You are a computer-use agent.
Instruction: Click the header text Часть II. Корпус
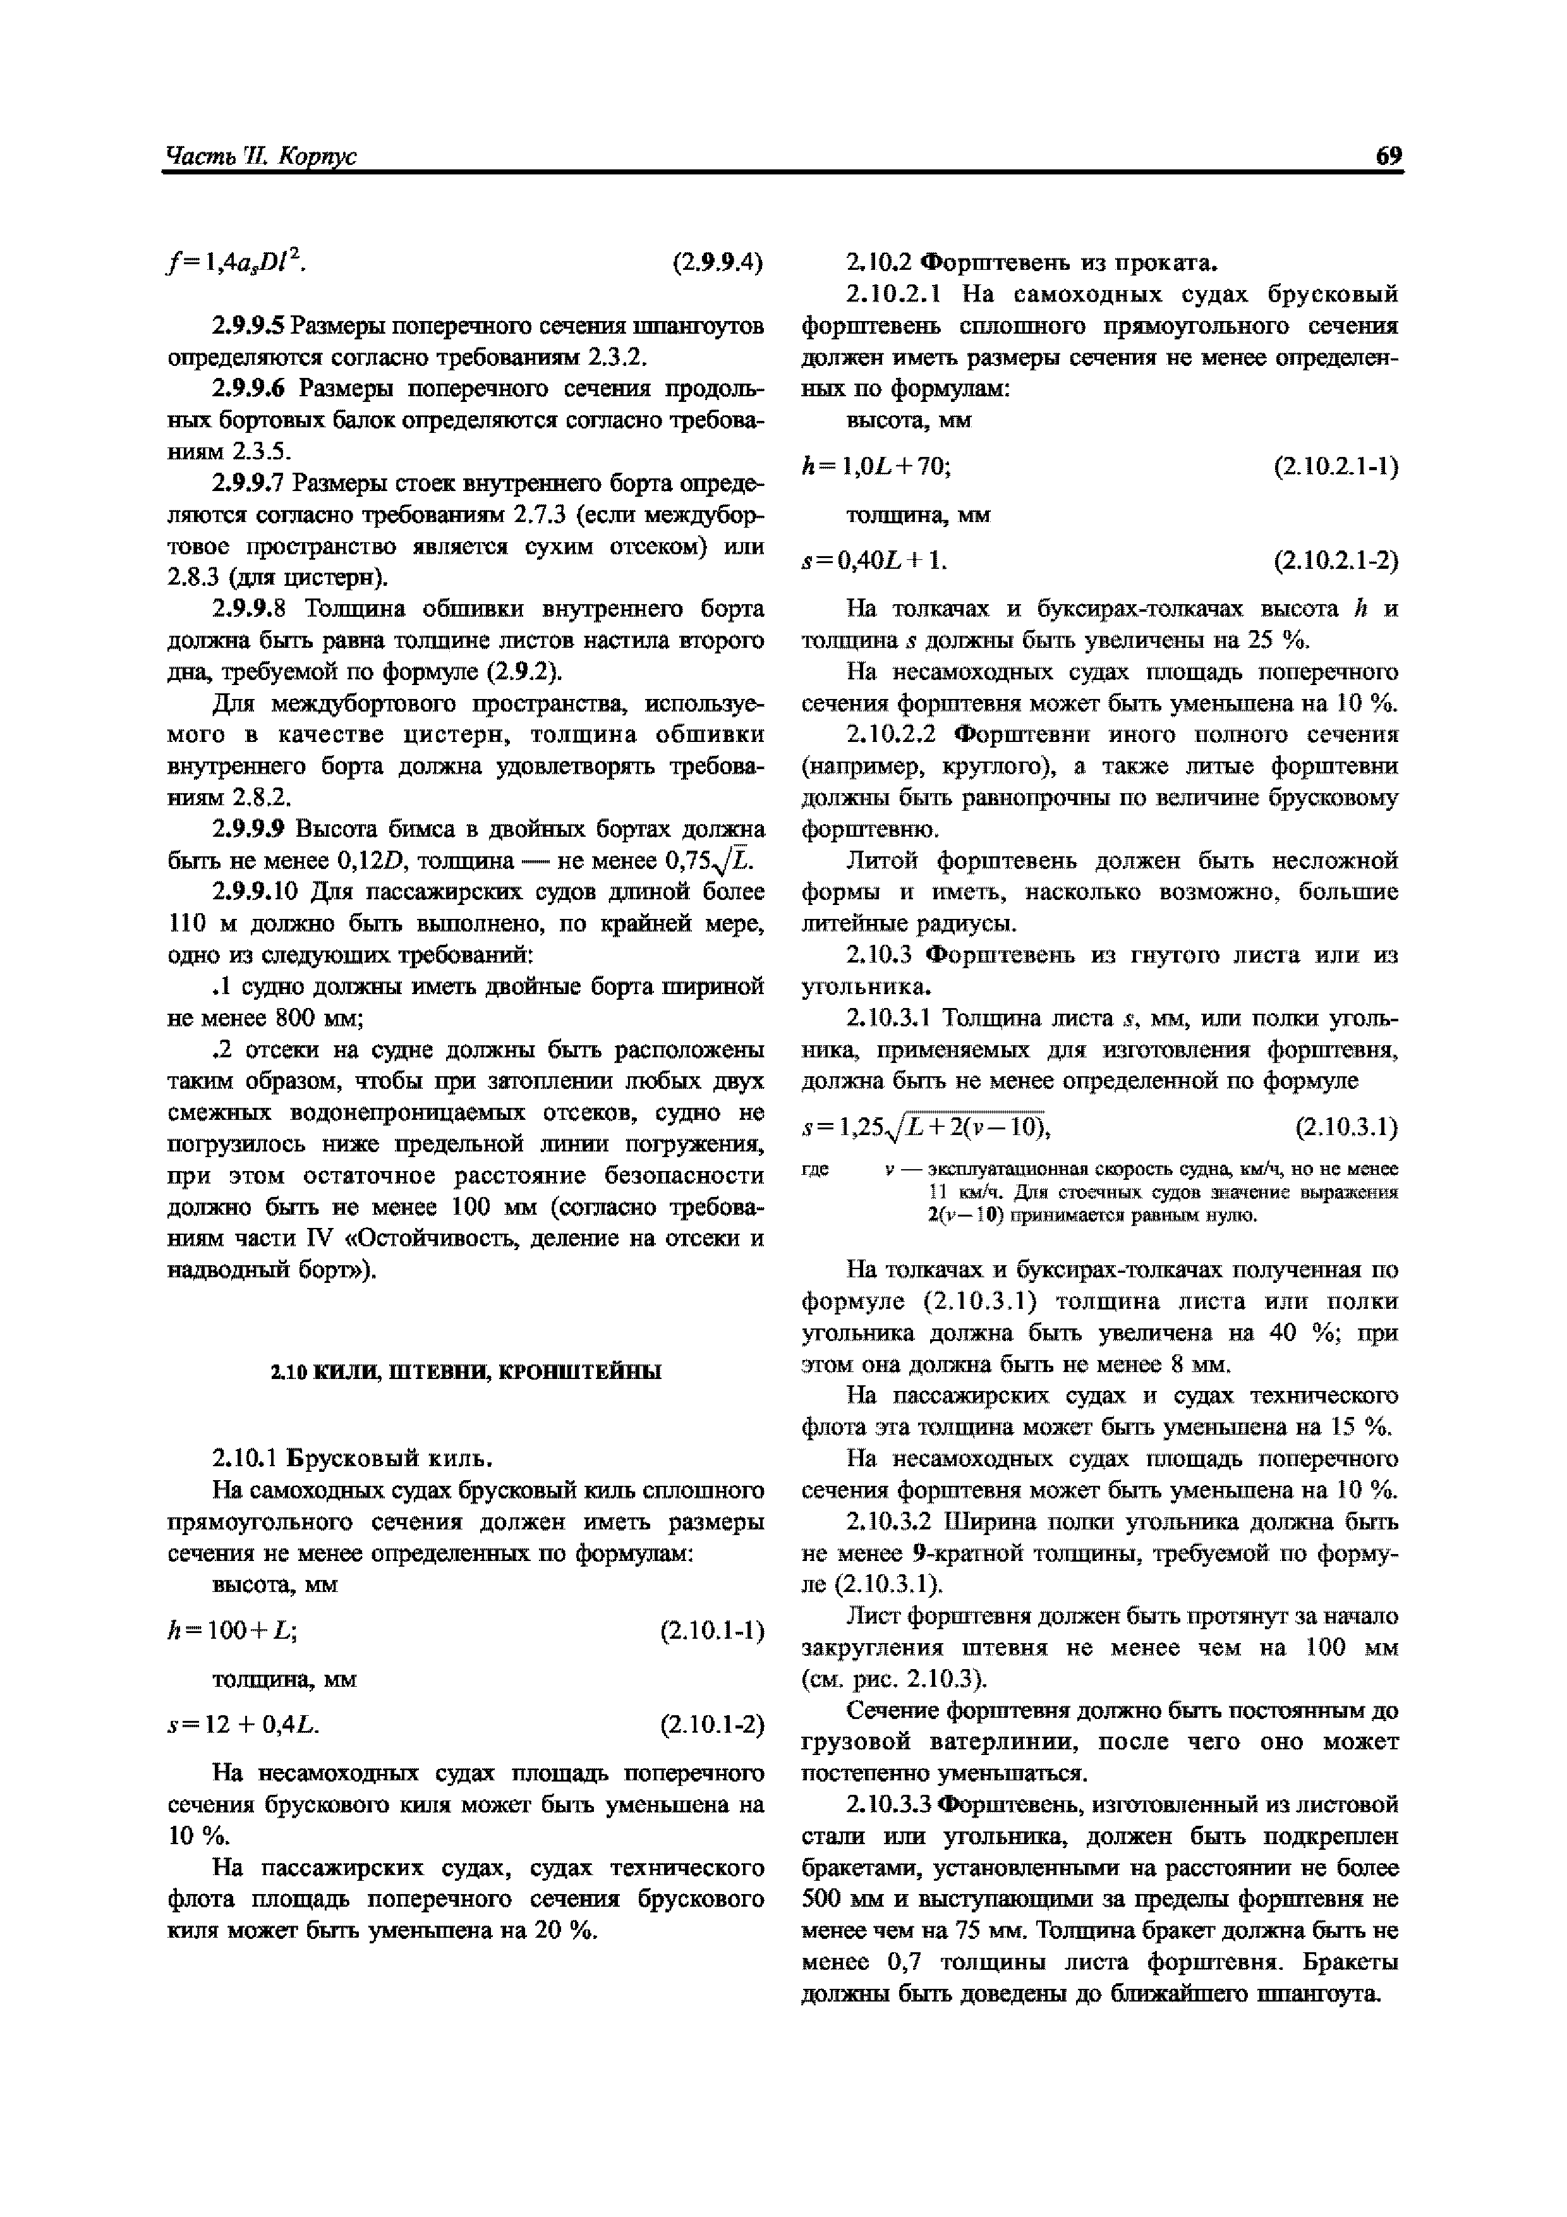click(x=261, y=157)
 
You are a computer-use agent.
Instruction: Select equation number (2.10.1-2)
click(x=711, y=1725)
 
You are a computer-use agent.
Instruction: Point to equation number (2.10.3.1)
click(x=1346, y=1127)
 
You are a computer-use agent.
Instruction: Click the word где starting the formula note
click(x=816, y=1169)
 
